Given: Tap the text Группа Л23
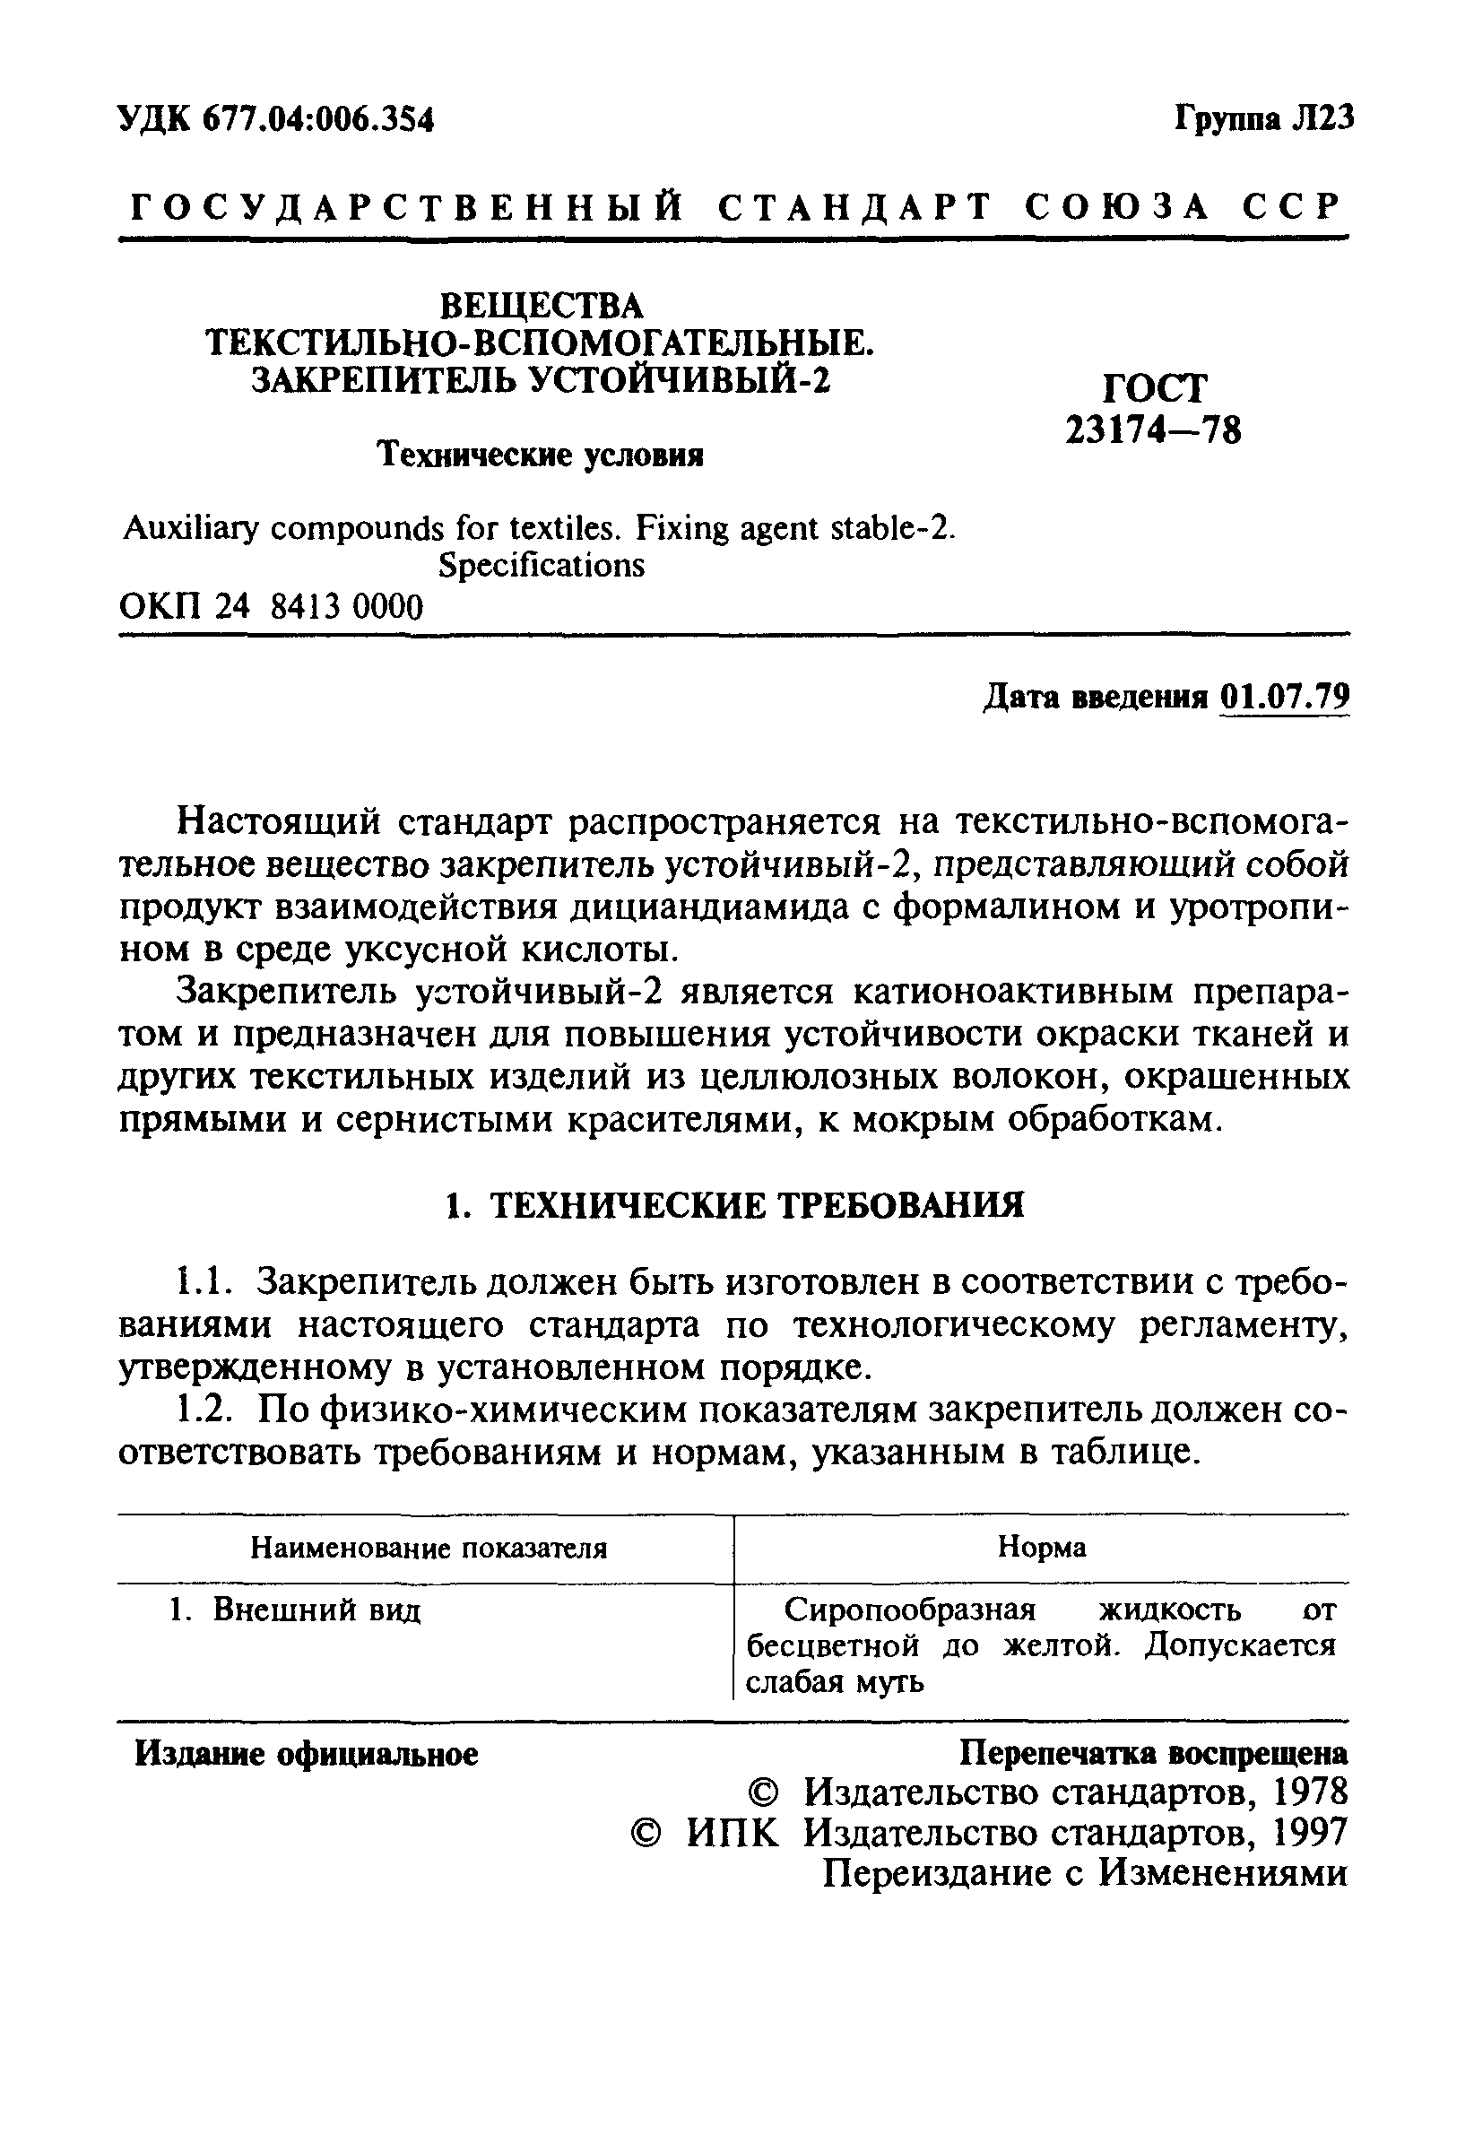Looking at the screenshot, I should pyautogui.click(x=1263, y=118).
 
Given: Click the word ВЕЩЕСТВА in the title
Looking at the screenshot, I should pyautogui.click(x=542, y=306).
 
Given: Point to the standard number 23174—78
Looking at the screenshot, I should pyautogui.click(x=1154, y=430).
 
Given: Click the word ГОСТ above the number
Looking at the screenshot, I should pyautogui.click(x=1154, y=388).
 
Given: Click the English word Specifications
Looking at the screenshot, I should pyautogui.click(x=542, y=565).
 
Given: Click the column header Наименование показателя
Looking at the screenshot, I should pyautogui.click(x=429, y=1548).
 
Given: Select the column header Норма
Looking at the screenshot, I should pyautogui.click(x=1042, y=1547).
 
